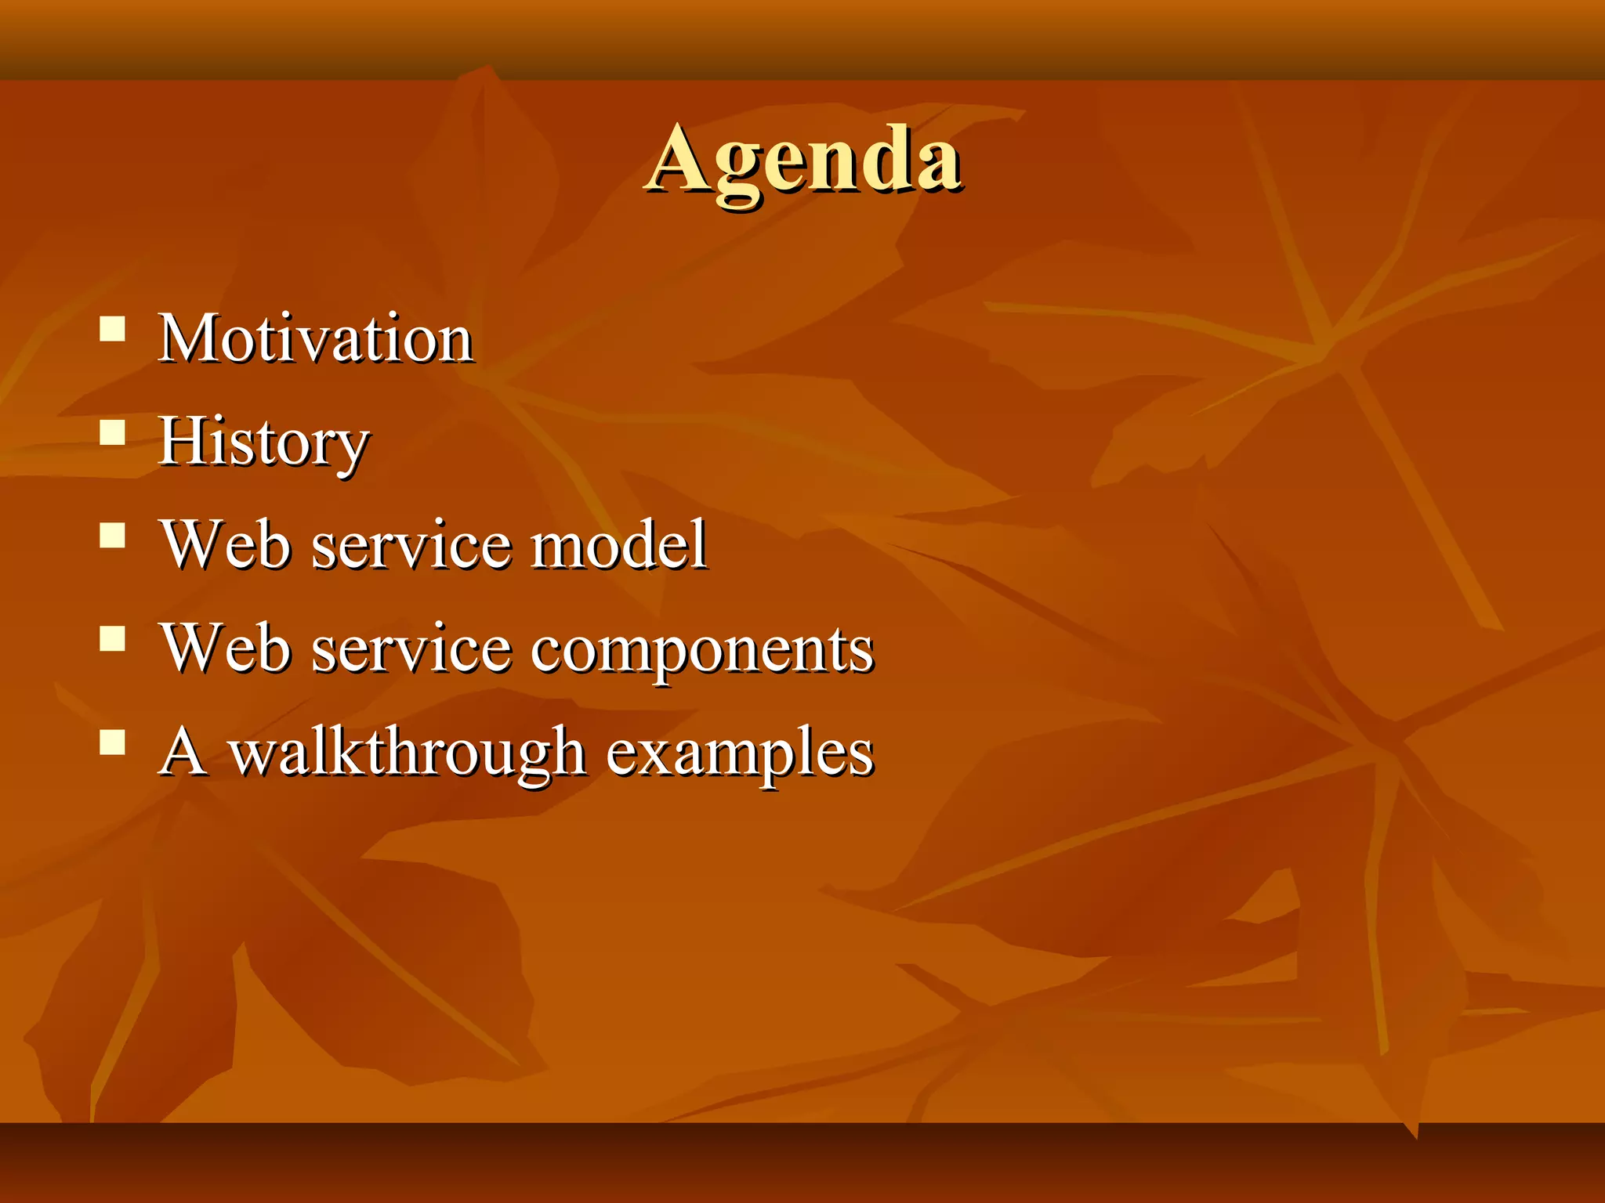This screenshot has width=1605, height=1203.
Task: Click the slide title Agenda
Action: click(x=804, y=161)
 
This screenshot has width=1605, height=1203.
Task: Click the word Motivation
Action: click(x=316, y=338)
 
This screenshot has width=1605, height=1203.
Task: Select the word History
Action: click(x=263, y=443)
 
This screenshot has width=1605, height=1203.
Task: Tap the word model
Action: click(x=619, y=544)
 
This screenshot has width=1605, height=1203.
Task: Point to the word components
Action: click(x=702, y=650)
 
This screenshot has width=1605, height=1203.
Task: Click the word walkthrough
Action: click(x=408, y=752)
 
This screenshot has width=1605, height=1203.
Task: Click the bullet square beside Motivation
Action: click(x=113, y=329)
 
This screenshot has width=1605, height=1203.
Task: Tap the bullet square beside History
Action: click(x=113, y=432)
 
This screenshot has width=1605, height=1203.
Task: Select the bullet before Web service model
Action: click(x=113, y=536)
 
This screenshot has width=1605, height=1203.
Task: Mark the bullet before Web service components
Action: click(x=113, y=639)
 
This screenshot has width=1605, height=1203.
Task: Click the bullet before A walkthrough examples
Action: click(x=113, y=742)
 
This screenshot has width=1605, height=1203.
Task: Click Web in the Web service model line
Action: click(x=226, y=544)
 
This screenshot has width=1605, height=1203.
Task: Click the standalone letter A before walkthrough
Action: click(x=183, y=751)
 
